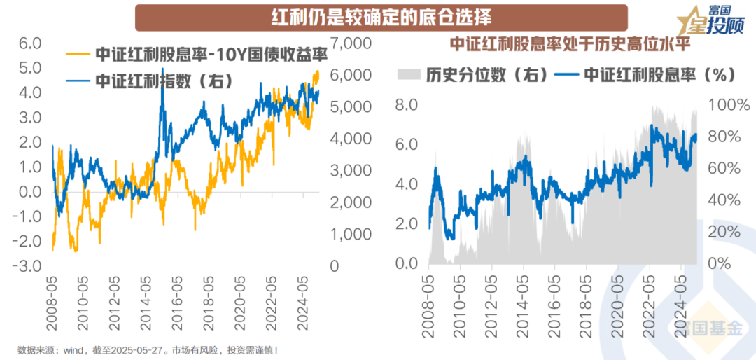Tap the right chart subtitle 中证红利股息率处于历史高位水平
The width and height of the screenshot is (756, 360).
pos(569,44)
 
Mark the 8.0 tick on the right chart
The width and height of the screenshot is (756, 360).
pos(407,105)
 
